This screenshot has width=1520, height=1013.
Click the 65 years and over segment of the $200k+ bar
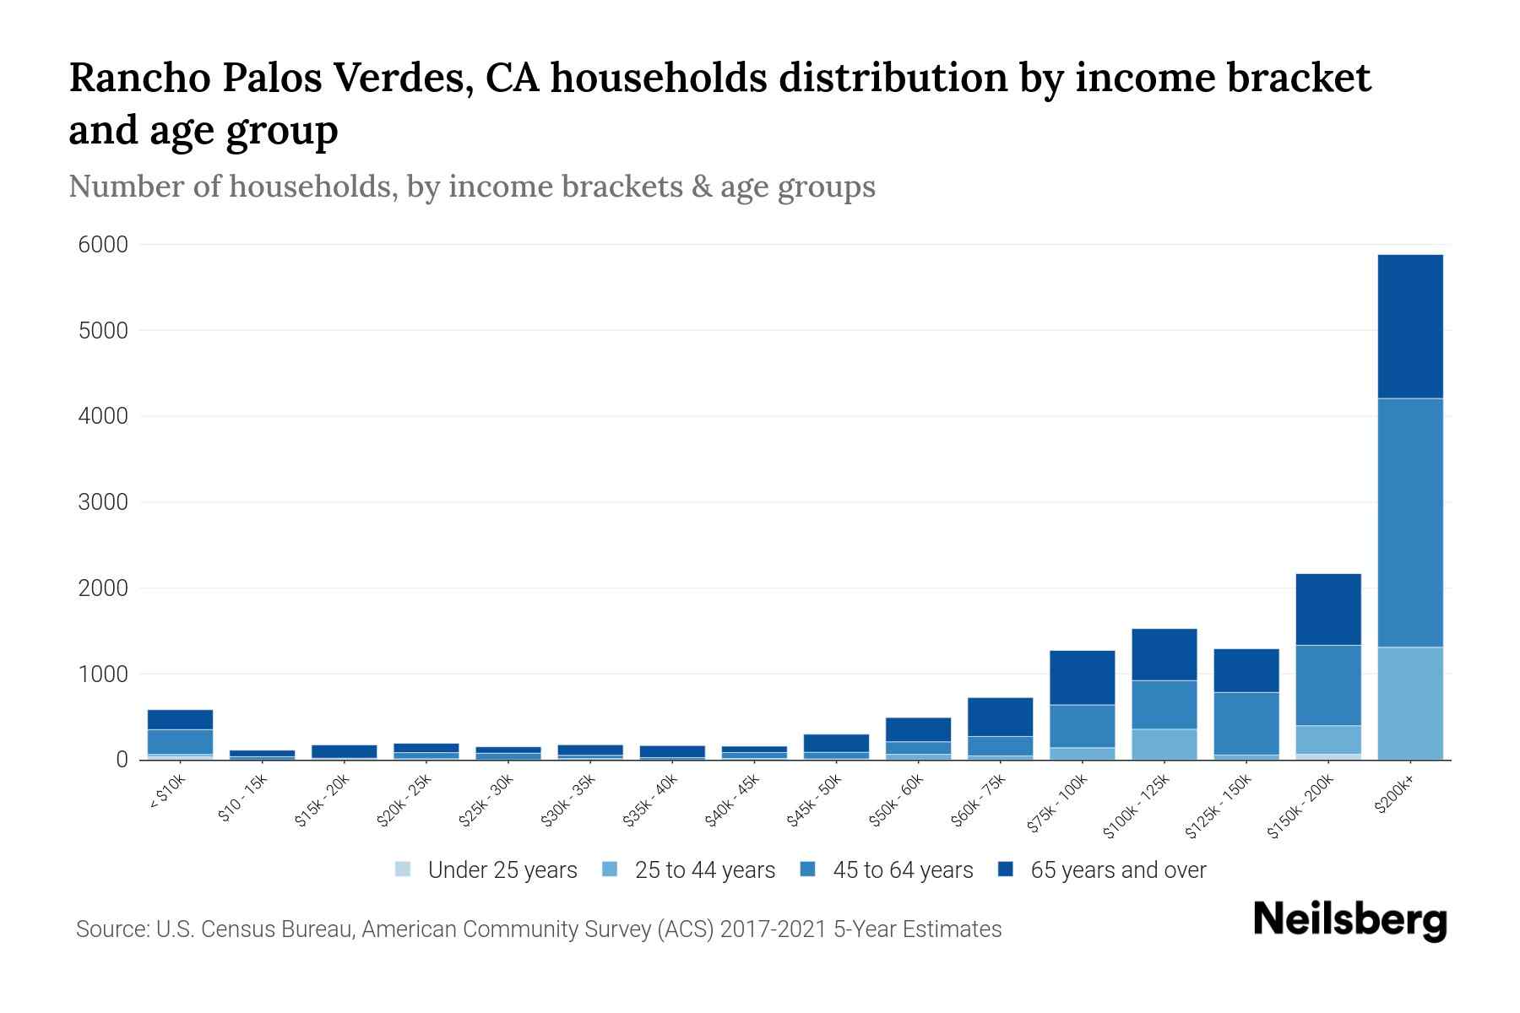[1409, 327]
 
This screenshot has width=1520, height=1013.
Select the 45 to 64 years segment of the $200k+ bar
[1409, 523]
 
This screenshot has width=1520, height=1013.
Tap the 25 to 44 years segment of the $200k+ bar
[1409, 703]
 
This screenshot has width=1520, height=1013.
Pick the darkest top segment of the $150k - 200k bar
[1327, 609]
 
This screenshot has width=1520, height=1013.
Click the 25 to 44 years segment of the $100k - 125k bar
[1164, 744]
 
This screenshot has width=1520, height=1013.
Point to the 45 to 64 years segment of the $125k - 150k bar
[1246, 723]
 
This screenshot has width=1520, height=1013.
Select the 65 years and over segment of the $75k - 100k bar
[1082, 677]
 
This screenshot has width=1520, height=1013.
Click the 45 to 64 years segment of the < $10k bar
[180, 741]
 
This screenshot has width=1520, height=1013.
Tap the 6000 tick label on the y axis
[103, 245]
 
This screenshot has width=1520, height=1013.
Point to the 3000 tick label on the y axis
[103, 502]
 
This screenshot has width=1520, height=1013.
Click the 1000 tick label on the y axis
[103, 674]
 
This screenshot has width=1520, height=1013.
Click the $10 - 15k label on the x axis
[243, 800]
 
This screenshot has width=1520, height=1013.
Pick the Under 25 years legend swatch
[404, 869]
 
